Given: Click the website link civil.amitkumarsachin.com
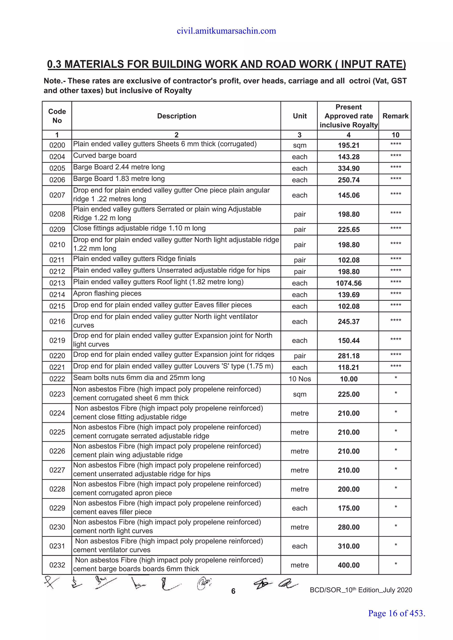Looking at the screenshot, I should coord(226,31).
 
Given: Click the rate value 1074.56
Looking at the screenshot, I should coord(348,283).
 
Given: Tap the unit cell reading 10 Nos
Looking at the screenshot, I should coord(299,379).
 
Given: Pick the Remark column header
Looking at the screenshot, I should coord(395,116).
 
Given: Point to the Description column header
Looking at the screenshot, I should coord(177,116).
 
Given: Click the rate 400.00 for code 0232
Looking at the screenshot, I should coord(348,565).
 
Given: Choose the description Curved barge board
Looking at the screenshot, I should coord(105,156).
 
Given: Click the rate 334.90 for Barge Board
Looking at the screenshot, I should coord(348,168).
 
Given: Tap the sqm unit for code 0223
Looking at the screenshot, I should coord(299,394).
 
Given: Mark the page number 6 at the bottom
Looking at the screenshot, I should coord(233,591).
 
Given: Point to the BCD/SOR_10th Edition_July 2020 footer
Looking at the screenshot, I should coord(361,590).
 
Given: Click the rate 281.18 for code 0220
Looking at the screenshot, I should coord(348,356).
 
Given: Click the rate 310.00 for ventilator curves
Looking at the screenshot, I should coord(348,546).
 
